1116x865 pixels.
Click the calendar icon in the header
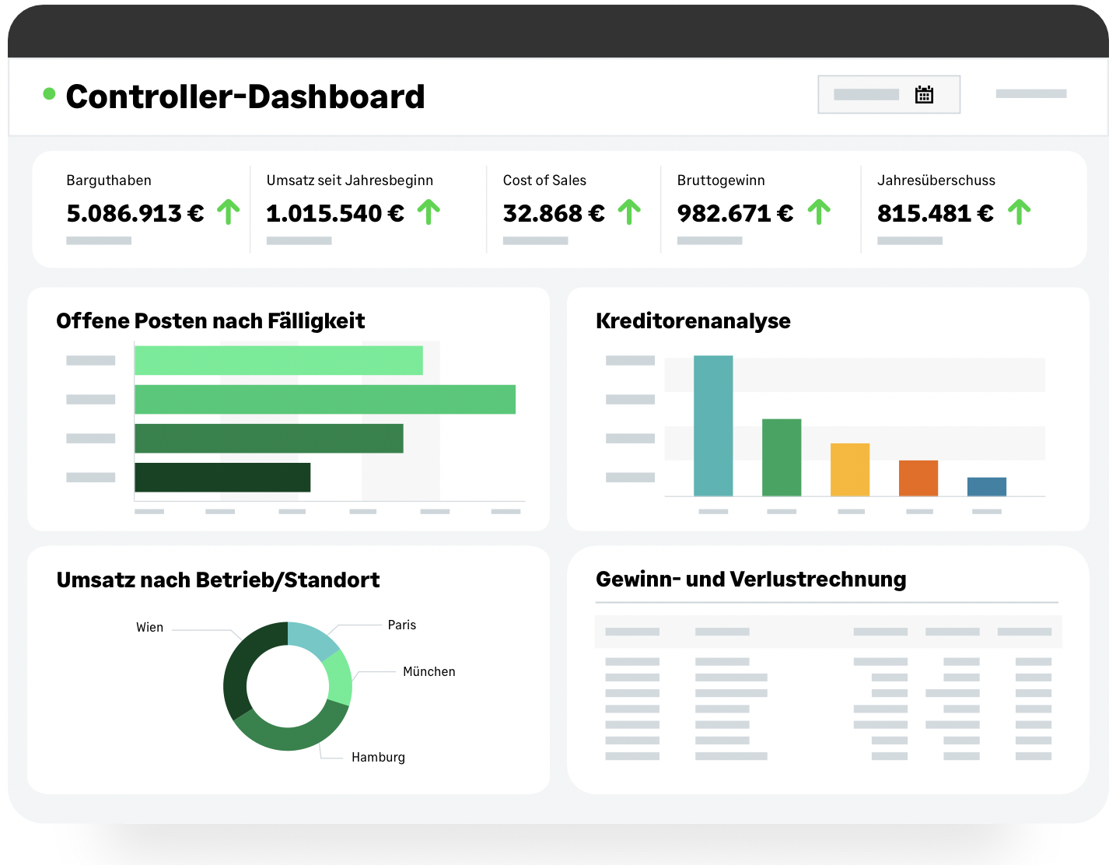(924, 95)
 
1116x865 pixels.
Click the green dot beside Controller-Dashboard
(49, 94)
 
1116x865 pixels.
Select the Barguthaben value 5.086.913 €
(135, 213)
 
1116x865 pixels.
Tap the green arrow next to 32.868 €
(629, 212)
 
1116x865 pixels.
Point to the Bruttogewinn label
(721, 180)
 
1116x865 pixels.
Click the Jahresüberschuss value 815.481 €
(935, 213)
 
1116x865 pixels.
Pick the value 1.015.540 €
(335, 213)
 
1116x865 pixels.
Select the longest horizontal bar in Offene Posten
(324, 399)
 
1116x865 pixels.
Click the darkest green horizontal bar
(222, 477)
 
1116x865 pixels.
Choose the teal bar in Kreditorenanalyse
(713, 425)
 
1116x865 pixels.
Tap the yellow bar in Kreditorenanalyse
(849, 469)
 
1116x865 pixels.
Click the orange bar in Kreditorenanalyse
(918, 478)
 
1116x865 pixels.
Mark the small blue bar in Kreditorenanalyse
(986, 486)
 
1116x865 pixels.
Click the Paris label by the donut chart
(402, 625)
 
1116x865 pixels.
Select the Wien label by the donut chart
(149, 627)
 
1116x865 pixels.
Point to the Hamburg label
(378, 757)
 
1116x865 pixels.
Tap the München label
(429, 671)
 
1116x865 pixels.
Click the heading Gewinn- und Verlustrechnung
(750, 580)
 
